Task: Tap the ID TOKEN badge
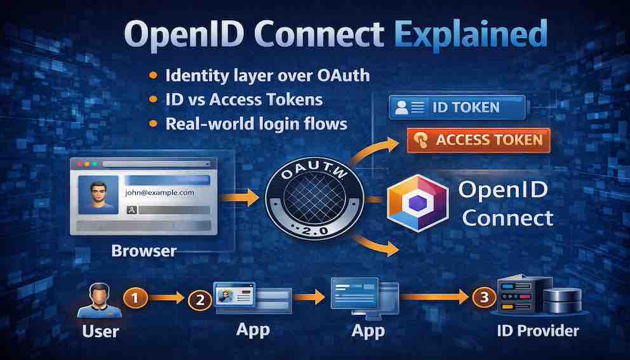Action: coord(457,107)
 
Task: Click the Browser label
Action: coord(144,250)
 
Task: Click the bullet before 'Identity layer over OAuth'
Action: coord(153,76)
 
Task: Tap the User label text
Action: coord(100,332)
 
